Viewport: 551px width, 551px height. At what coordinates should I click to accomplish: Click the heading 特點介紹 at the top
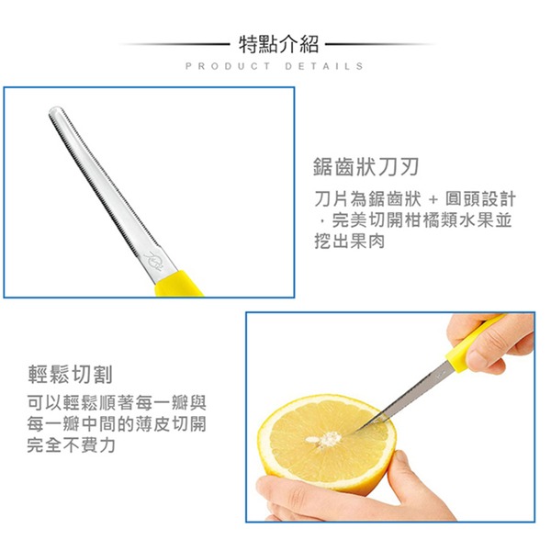point(278,45)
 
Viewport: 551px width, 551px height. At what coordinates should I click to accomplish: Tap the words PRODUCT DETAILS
point(275,66)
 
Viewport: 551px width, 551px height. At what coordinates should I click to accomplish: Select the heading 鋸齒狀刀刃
point(365,167)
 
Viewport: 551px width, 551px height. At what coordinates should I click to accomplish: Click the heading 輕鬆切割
point(70,375)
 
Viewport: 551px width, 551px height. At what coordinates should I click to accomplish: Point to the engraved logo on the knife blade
point(156,260)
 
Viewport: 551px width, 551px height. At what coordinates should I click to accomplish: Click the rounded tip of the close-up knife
point(55,112)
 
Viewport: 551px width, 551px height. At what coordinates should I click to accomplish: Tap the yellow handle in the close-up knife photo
point(178,283)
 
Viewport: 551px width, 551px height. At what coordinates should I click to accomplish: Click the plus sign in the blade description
point(433,200)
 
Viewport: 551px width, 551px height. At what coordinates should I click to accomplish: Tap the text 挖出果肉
point(350,242)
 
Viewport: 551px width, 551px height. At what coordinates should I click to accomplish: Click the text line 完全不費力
point(72,445)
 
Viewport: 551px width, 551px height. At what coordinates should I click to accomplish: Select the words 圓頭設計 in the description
point(480,199)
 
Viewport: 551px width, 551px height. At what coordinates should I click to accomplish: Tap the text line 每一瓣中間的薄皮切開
point(117,424)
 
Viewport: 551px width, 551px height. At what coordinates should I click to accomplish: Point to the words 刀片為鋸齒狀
point(368,199)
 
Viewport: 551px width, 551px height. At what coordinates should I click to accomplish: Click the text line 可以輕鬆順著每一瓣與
point(117,403)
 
